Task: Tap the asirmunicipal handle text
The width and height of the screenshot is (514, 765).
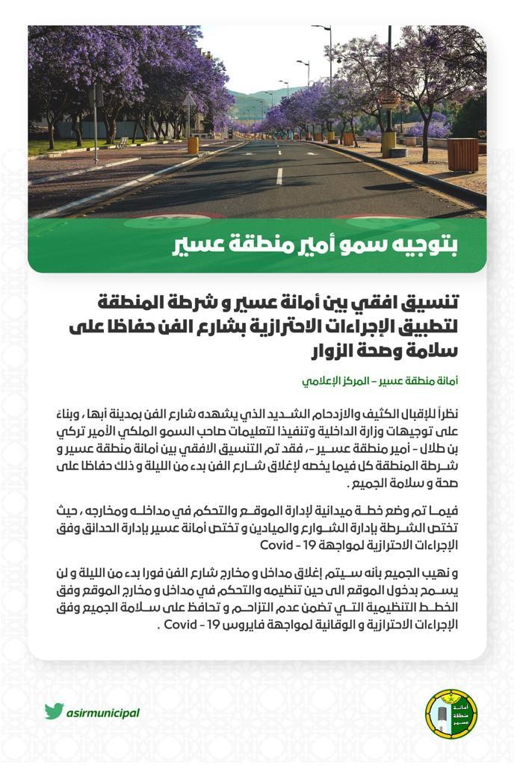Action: tap(103, 712)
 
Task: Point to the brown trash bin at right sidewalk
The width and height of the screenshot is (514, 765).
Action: tap(462, 154)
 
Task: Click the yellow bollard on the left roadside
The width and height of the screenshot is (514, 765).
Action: tap(193, 145)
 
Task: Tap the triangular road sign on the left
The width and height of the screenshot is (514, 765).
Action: tap(190, 99)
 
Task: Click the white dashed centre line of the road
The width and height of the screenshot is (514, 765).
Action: tap(279, 176)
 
